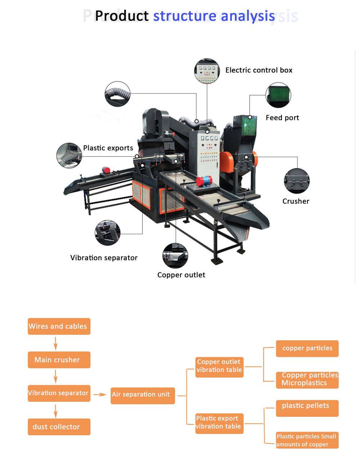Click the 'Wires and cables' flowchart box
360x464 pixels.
tap(59, 326)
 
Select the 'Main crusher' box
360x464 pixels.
tap(59, 360)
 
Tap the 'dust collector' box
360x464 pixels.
tap(59, 427)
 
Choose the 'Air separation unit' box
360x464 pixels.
tap(143, 395)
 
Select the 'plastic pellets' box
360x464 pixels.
tap(307, 408)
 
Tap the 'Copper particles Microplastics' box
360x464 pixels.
tap(307, 380)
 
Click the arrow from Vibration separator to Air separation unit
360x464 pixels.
tap(100, 395)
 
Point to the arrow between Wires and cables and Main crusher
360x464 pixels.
tap(55, 343)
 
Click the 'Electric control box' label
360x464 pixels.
tap(259, 70)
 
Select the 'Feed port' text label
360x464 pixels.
tap(282, 118)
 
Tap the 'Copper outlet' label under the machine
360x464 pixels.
tap(181, 275)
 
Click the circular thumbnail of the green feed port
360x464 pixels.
tap(278, 95)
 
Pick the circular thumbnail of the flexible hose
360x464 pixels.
tap(117, 94)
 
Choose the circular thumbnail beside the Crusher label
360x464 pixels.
tap(297, 181)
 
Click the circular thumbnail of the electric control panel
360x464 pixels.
tap(207, 71)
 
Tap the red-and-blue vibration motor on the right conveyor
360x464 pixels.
tap(204, 181)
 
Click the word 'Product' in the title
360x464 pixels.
tap(122, 16)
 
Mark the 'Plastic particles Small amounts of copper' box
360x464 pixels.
tap(307, 440)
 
